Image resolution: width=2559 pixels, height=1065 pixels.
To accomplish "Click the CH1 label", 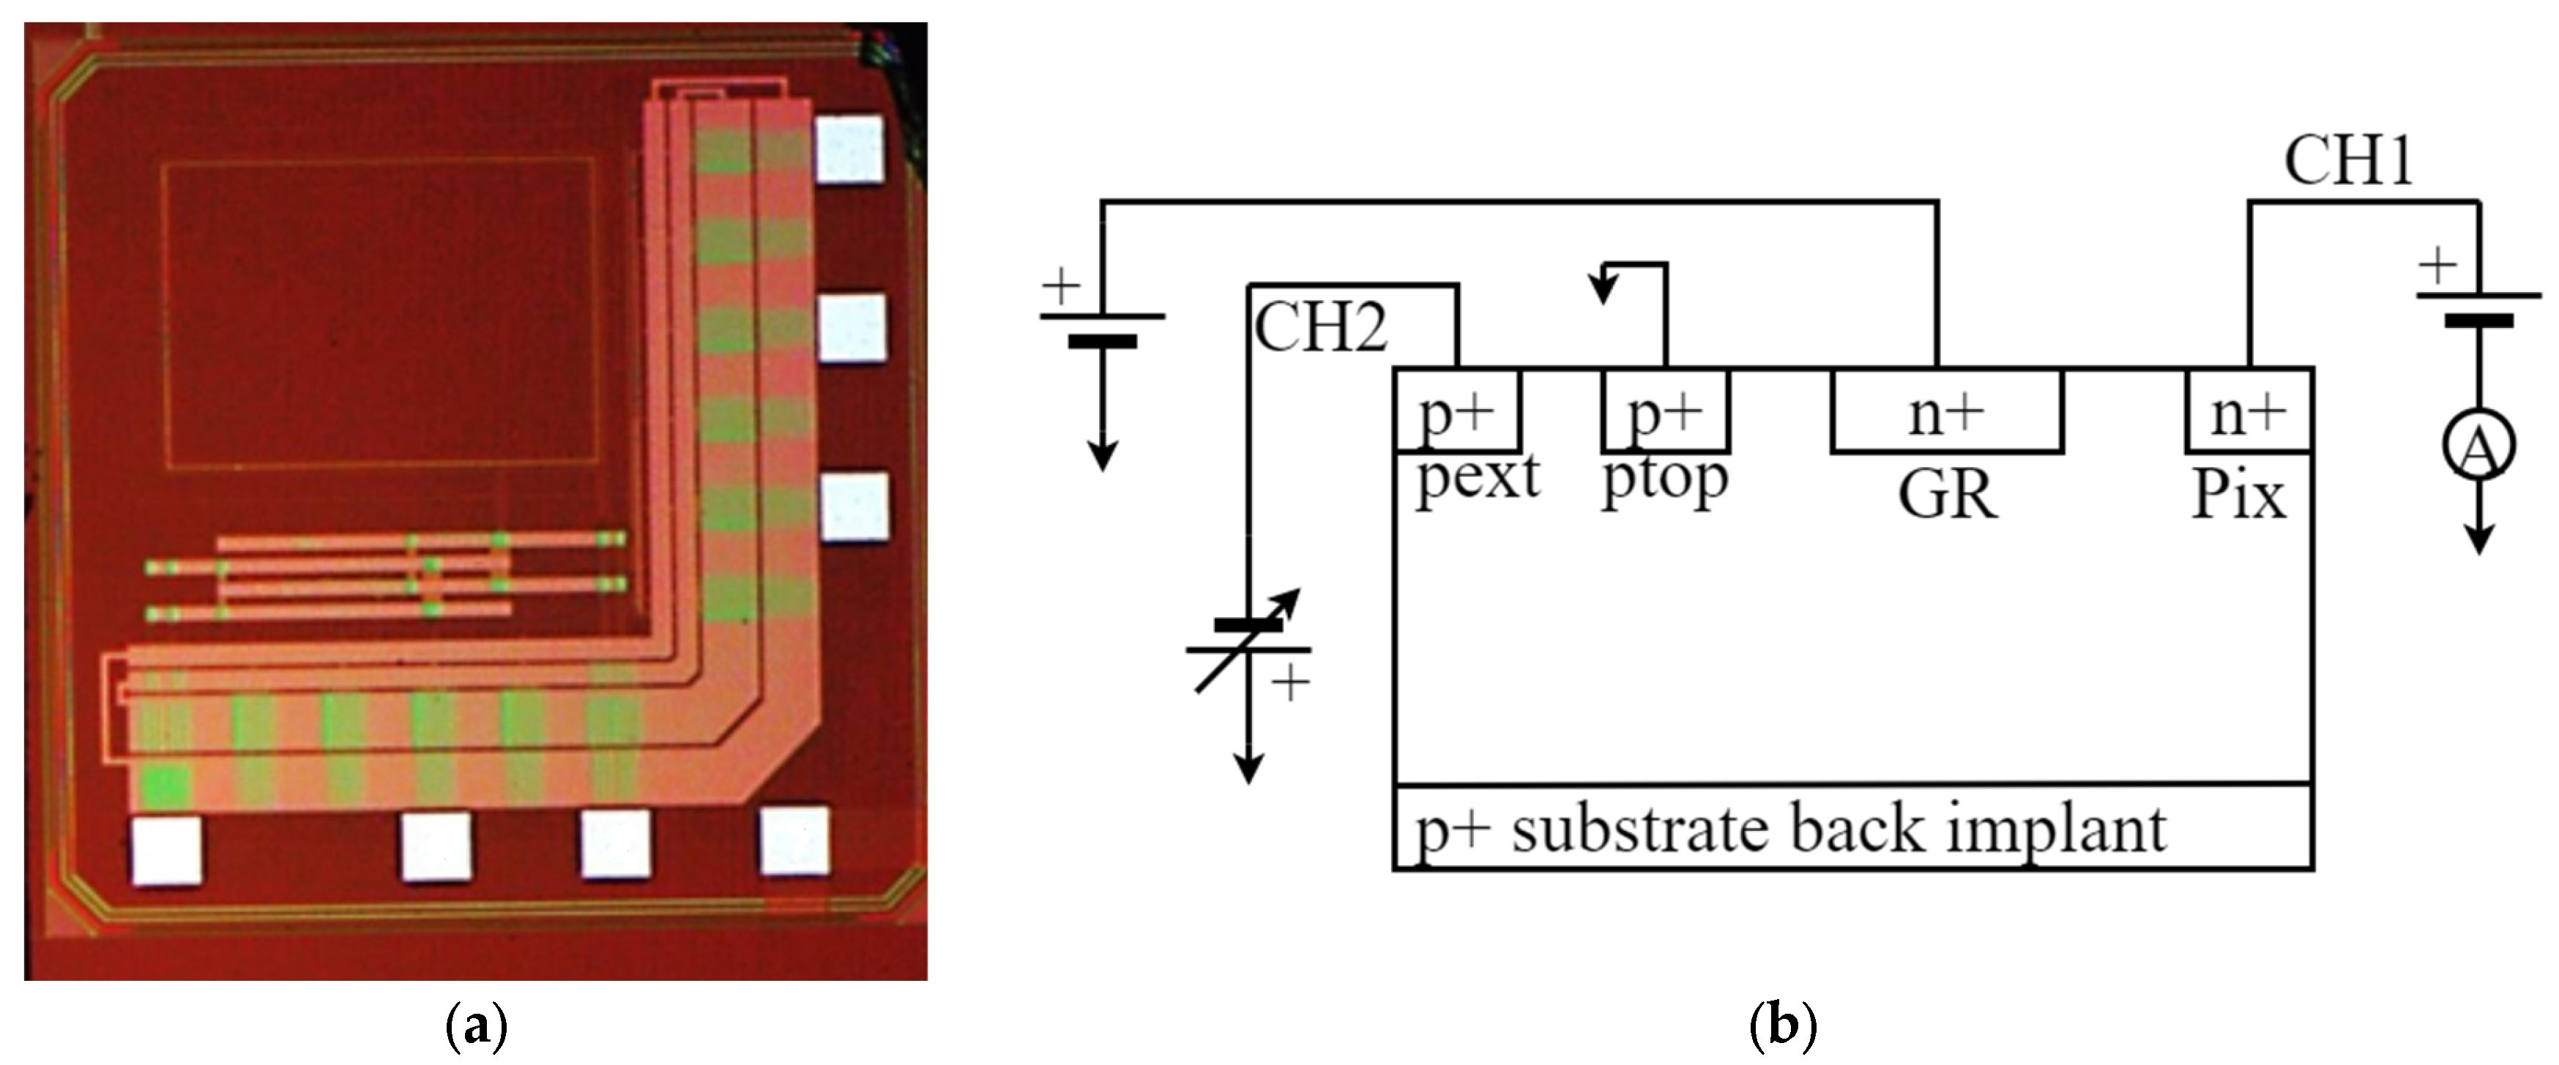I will [x=2348, y=160].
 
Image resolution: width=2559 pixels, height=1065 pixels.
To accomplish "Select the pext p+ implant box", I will [x=1457, y=411].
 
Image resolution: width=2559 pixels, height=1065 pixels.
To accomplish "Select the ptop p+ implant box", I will [x=1666, y=411].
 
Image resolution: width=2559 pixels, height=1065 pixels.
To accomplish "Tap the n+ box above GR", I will [x=1947, y=411].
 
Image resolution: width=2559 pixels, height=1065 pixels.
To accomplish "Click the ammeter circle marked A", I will [x=2479, y=446].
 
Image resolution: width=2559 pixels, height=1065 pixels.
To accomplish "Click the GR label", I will [x=1947, y=494].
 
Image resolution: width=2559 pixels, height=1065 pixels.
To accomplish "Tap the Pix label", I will [x=2239, y=494].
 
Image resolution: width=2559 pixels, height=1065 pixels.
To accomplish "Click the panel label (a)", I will [x=477, y=1025].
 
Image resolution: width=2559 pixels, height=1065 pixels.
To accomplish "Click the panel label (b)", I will [x=1782, y=1025].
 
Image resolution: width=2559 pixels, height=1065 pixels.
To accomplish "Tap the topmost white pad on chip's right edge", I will [x=849, y=149].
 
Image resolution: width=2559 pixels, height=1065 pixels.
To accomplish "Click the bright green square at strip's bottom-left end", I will [x=163, y=786].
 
